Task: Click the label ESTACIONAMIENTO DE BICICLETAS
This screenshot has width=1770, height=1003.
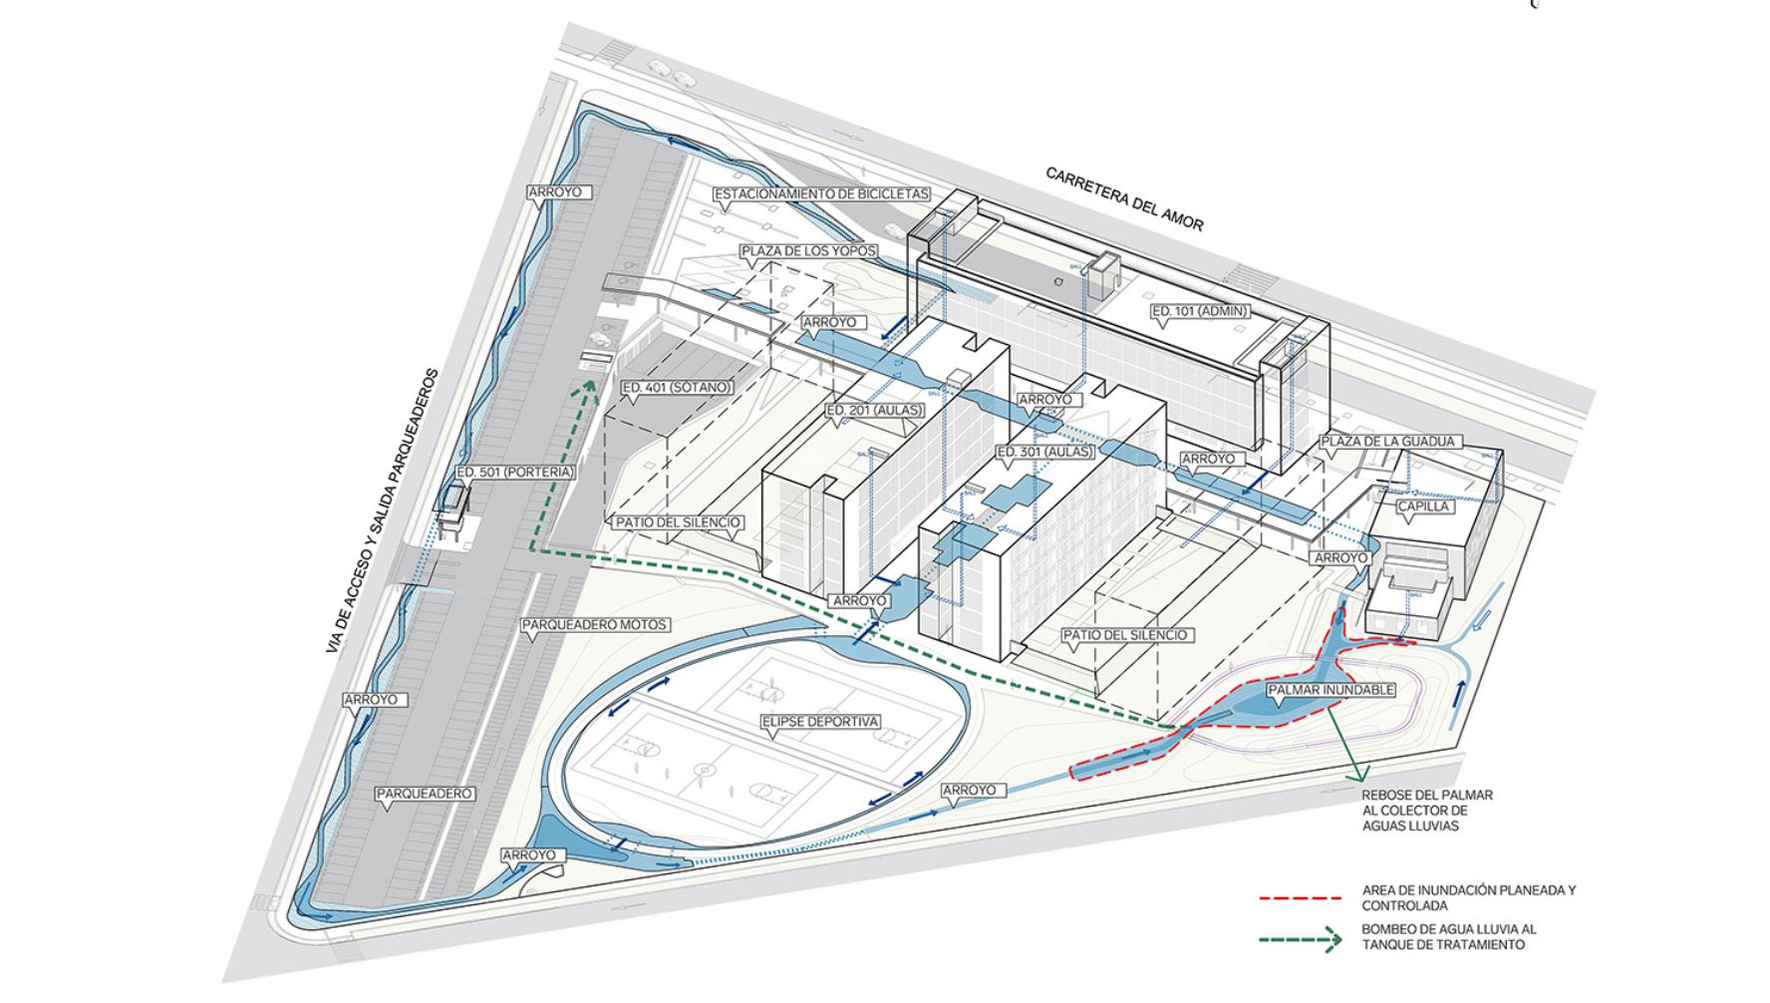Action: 821,194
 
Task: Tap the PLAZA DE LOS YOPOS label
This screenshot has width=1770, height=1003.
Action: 808,251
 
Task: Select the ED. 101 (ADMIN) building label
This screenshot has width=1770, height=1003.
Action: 1200,311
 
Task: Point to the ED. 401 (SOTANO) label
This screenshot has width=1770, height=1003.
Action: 677,388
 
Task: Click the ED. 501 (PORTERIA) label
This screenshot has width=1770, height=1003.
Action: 515,472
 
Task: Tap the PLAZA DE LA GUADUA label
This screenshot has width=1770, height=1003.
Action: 1390,441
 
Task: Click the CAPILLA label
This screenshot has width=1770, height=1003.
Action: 1424,506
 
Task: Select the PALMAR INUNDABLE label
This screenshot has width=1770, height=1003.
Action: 1330,689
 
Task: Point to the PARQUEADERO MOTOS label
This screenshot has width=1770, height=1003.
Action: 594,625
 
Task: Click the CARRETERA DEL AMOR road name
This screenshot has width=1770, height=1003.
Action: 1124,198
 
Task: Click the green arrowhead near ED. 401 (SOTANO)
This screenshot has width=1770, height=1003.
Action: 590,386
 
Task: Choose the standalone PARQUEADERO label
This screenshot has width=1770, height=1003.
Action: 425,794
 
